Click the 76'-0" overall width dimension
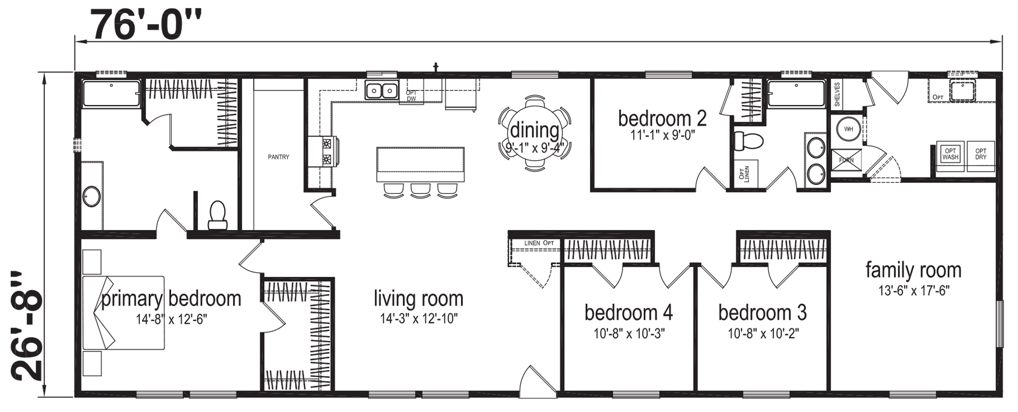click(x=147, y=24)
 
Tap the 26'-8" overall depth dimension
click(x=27, y=326)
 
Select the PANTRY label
click(x=279, y=157)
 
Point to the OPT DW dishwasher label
click(x=411, y=96)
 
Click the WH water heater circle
click(x=848, y=129)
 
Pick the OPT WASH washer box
click(x=950, y=156)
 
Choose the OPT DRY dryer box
click(x=981, y=156)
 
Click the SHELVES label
click(x=837, y=94)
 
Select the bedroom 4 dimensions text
click(x=629, y=334)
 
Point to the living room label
click(x=418, y=299)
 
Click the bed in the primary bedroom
click(x=123, y=312)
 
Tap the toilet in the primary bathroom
click(x=217, y=215)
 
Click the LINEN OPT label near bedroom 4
click(x=539, y=243)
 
